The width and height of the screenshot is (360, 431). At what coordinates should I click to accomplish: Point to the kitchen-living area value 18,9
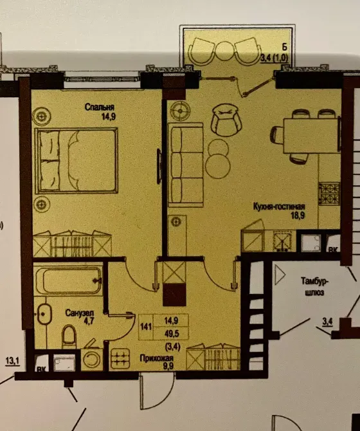(x=296, y=217)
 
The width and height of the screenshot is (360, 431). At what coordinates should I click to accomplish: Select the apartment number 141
(x=147, y=327)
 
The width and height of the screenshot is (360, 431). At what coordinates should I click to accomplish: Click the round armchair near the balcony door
(x=224, y=120)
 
